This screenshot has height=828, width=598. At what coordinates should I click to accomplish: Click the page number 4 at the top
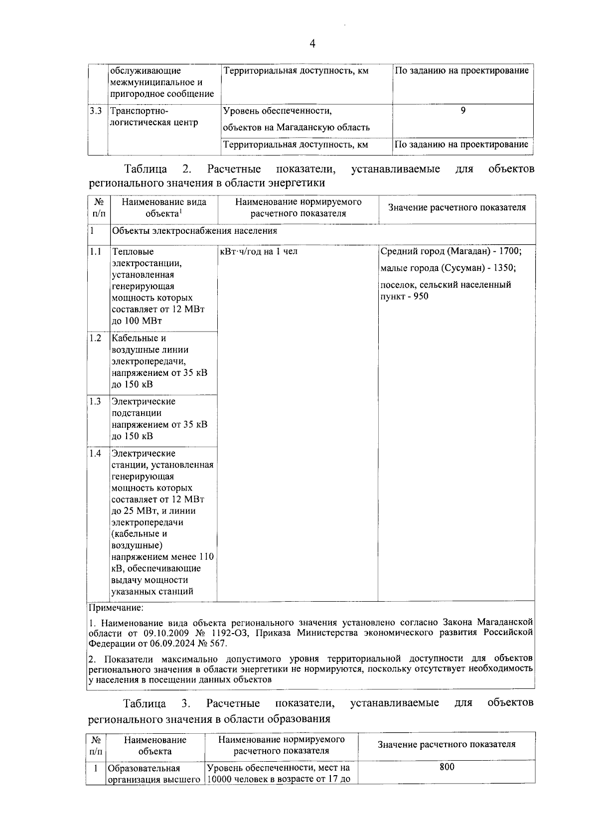(312, 44)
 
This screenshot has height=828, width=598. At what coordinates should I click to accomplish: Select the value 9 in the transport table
(463, 111)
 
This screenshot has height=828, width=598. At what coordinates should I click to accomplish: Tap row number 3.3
(97, 111)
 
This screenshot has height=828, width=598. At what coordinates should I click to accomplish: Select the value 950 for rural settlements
(420, 297)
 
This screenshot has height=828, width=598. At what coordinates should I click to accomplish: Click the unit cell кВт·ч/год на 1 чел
(259, 251)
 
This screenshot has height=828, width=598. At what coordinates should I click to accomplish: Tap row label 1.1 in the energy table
(96, 251)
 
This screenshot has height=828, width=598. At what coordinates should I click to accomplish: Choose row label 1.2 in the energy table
(96, 338)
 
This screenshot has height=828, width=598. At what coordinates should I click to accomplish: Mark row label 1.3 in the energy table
(96, 401)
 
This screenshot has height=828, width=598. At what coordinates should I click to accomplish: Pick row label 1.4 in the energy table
(96, 453)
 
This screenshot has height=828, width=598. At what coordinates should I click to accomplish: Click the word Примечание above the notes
(116, 608)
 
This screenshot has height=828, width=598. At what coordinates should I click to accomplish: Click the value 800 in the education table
(447, 767)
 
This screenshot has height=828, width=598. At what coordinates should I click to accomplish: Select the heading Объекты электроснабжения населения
(194, 231)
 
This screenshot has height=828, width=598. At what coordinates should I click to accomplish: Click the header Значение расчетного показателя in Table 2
(456, 207)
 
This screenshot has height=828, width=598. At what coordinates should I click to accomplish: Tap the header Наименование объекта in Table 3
(155, 745)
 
